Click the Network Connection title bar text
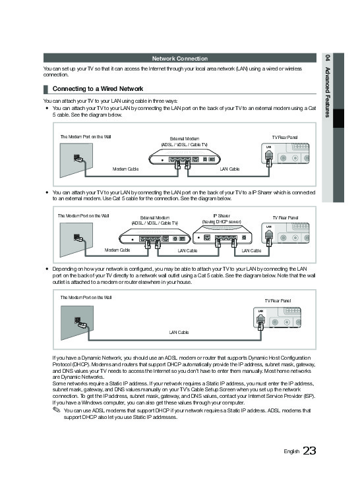[x=180, y=59]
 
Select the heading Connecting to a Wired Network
[x=98, y=89]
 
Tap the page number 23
[x=309, y=451]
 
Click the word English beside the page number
[x=291, y=451]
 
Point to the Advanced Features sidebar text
[x=328, y=92]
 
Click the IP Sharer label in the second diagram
[x=222, y=216]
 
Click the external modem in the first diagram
[x=185, y=158]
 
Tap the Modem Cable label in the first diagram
[x=125, y=169]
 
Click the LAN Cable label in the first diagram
[x=229, y=169]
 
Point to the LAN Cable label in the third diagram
[x=179, y=332]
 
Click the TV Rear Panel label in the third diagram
[x=278, y=301]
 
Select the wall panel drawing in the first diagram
[x=76, y=160]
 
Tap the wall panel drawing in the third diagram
[x=77, y=323]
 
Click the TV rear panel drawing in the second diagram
[x=285, y=234]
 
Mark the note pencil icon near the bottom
[x=56, y=410]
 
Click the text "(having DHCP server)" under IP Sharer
[x=222, y=222]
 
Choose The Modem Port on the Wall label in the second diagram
[x=83, y=215]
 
